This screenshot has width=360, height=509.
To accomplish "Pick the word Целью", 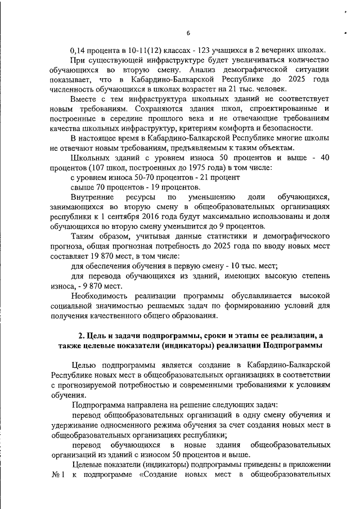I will (85, 365).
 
